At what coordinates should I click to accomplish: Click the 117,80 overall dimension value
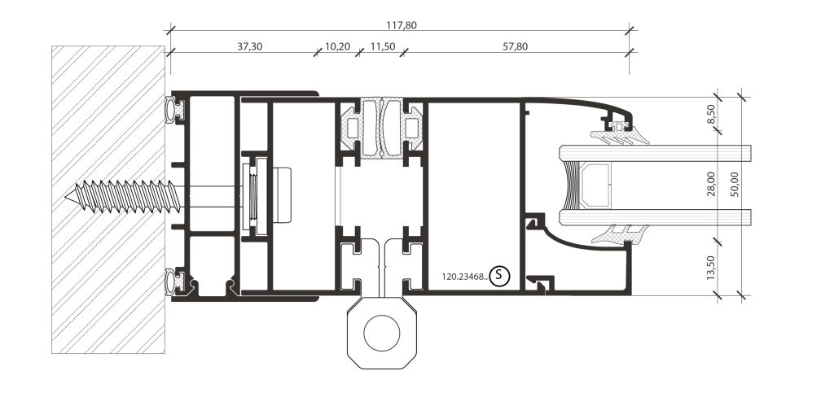click(402, 25)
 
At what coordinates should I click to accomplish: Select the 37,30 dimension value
click(249, 46)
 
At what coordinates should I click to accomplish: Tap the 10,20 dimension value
click(337, 46)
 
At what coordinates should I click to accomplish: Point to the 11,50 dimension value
click(383, 46)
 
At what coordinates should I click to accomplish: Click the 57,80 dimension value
click(515, 46)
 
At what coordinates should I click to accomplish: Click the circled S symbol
click(499, 275)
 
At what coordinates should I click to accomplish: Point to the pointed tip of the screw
click(66, 197)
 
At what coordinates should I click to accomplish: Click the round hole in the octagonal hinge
click(381, 333)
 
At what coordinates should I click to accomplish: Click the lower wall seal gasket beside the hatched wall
click(174, 281)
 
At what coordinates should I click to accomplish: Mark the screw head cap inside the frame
click(283, 194)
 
